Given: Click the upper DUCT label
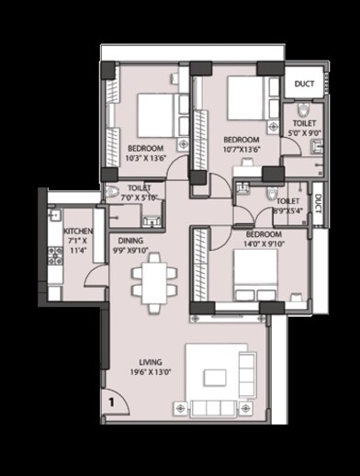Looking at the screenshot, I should click(304, 84).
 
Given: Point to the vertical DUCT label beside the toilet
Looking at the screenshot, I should click(317, 203).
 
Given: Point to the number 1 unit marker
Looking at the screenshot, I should click(110, 401).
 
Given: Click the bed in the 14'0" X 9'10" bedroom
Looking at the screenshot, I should click(254, 273).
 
